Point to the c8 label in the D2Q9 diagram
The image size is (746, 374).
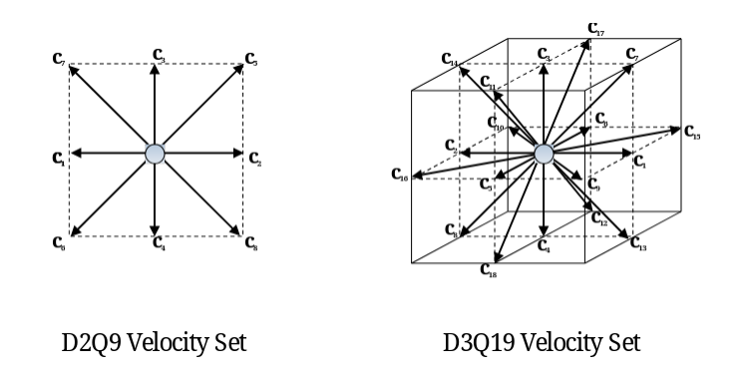pos(251,241)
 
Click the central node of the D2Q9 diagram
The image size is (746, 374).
pos(155,153)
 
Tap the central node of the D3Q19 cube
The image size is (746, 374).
pos(544,153)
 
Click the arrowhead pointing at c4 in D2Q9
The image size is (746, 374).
pos(155,231)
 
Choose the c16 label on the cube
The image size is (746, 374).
pos(399,176)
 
